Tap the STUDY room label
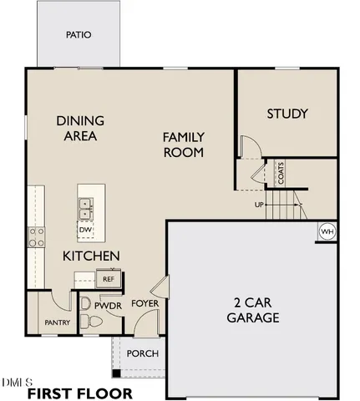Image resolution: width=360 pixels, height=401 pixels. [x=287, y=114]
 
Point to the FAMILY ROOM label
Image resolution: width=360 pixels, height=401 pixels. [x=184, y=144]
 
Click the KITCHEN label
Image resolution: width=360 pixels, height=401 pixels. [x=92, y=256]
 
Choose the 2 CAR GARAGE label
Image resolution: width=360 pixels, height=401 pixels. [x=252, y=310]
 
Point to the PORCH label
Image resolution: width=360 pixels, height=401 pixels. [x=142, y=353]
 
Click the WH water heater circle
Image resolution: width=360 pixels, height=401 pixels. [x=327, y=231]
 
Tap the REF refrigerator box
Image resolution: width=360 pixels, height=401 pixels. [x=109, y=279]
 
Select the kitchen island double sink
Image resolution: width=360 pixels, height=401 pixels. [x=85, y=203]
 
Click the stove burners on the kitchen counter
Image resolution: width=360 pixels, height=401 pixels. [x=36, y=237]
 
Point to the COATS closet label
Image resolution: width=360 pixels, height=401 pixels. [x=281, y=174]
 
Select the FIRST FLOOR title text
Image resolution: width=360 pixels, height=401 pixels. [x=79, y=393]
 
